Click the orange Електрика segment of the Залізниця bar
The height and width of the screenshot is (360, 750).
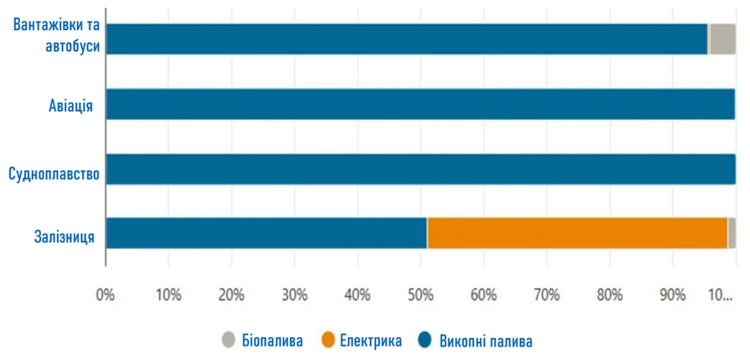tap(577, 232)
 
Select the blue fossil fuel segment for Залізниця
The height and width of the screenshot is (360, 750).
tap(266, 232)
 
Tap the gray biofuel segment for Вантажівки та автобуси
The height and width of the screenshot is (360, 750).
tap(723, 39)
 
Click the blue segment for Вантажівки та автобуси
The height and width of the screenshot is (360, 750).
tap(406, 39)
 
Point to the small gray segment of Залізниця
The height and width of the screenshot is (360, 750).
tap(732, 232)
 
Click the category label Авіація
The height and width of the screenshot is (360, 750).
tap(71, 105)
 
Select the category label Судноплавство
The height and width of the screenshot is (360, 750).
tap(54, 174)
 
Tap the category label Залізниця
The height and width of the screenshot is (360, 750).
tap(65, 237)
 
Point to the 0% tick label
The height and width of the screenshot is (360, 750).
tap(106, 294)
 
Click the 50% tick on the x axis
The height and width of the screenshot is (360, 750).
tap(421, 294)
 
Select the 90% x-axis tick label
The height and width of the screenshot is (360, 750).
tap(672, 294)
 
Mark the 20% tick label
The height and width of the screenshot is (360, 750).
tap(232, 294)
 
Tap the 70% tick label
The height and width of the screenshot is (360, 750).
tap(547, 294)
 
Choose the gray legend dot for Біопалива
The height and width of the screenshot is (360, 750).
tap(228, 341)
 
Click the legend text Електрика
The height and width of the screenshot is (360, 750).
tap(371, 341)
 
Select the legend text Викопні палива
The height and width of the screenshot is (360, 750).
tap(486, 341)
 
